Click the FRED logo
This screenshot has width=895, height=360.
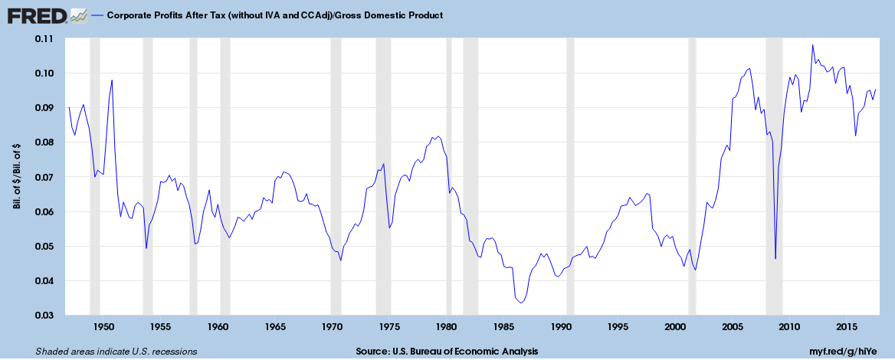tap(36, 15)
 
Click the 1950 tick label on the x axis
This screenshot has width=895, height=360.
tap(103, 326)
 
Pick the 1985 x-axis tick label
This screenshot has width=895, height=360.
tap(504, 326)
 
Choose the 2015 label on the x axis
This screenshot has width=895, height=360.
tap(847, 326)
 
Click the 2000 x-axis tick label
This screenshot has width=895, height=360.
tap(675, 326)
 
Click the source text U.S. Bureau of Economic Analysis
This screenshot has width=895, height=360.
tap(447, 352)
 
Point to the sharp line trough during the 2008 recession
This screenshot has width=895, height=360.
tap(775, 258)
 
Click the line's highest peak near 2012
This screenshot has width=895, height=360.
tap(812, 44)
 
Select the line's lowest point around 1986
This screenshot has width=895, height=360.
tap(521, 303)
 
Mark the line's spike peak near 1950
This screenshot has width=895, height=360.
tap(112, 80)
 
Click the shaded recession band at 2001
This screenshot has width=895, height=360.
tap(692, 177)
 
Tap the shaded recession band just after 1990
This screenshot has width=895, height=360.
tap(570, 177)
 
